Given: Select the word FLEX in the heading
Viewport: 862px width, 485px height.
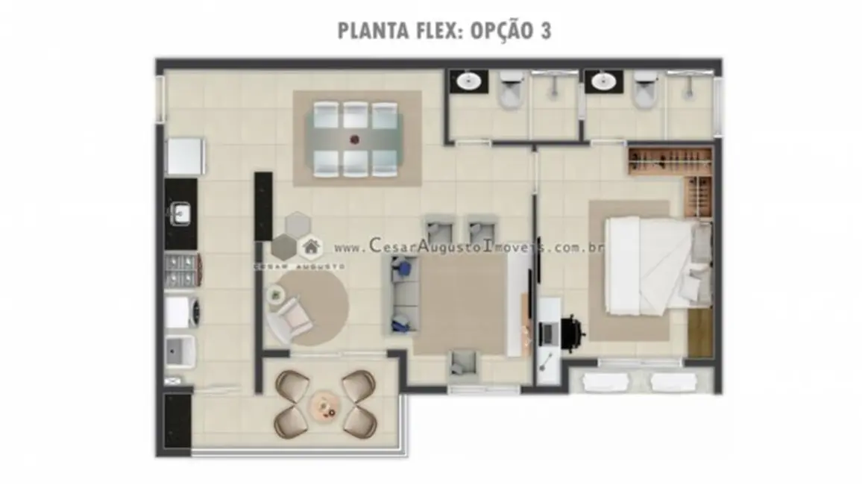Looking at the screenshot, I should coord(427,31).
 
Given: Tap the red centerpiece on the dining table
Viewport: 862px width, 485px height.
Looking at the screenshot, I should coord(355,138).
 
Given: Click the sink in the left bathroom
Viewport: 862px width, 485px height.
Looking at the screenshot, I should coord(469,81).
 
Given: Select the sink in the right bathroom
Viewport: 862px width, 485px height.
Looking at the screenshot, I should coord(603,81).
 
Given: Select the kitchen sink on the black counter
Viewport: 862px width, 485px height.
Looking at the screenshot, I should coord(180,215).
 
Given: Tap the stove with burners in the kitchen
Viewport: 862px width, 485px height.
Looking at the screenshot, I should coord(180,270).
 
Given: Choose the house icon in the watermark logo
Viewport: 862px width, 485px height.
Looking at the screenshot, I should coord(309,246).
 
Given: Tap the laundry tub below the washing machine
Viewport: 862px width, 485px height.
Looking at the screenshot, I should coord(180,351).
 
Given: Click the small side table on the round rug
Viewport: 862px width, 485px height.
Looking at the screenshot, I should coord(276,295).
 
